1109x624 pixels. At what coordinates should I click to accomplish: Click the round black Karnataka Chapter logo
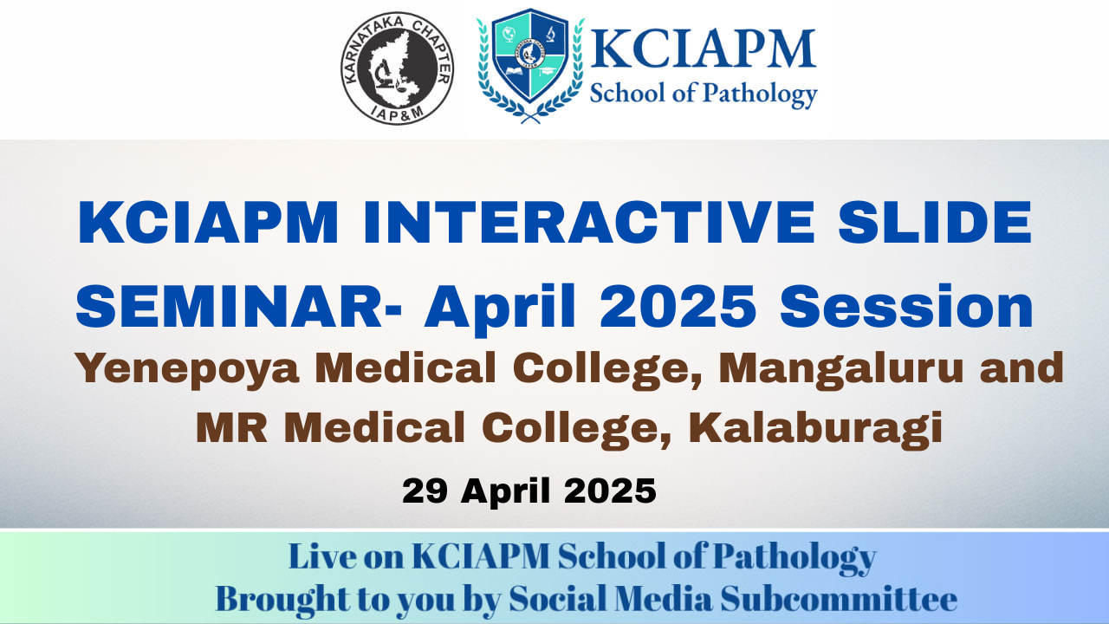click(x=397, y=68)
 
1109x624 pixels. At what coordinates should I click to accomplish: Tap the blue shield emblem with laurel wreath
click(x=530, y=65)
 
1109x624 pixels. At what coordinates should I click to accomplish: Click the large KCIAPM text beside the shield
click(x=703, y=49)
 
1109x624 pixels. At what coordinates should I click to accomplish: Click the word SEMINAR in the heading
click(x=228, y=307)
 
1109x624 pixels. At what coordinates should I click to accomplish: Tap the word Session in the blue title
click(x=906, y=307)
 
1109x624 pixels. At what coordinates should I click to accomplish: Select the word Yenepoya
click(x=186, y=369)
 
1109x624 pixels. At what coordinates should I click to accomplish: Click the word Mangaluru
click(x=840, y=369)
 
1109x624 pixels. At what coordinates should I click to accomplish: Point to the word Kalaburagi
click(x=815, y=429)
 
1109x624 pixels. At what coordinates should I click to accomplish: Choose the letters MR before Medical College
click(x=231, y=427)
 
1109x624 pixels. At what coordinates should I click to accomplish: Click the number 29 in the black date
click(x=425, y=491)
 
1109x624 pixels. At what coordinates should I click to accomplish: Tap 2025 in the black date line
click(x=610, y=491)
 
